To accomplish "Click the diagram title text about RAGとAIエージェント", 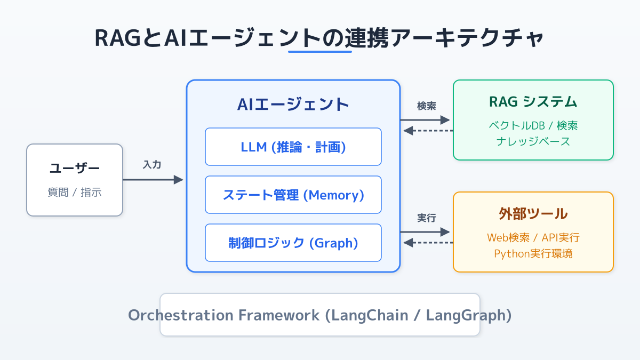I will point(319,38).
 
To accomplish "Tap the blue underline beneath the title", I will point(319,52).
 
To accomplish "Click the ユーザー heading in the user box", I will point(75,169).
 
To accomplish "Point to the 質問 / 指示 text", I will point(75,193).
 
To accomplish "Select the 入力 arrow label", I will point(152,165).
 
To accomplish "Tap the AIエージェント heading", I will point(293,104).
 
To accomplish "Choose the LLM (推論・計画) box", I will point(293,147).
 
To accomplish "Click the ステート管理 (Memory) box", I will point(293,195).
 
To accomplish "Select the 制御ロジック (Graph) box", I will point(293,243).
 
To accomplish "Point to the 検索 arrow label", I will point(426,106).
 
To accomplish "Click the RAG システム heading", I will point(533,101).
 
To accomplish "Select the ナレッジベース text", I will point(533,141).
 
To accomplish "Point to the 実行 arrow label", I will point(426,218).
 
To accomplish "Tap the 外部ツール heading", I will point(533,213).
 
